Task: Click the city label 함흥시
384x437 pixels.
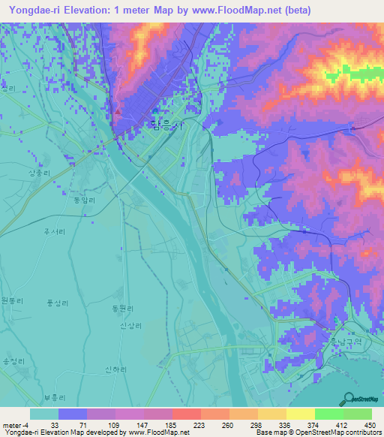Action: tap(166, 127)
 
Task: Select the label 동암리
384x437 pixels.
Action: tap(80, 200)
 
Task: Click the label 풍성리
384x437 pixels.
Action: tap(57, 303)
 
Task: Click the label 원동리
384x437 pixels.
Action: tap(13, 300)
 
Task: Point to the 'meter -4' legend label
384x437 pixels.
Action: tap(15, 425)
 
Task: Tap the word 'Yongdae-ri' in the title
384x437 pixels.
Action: tap(34, 11)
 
